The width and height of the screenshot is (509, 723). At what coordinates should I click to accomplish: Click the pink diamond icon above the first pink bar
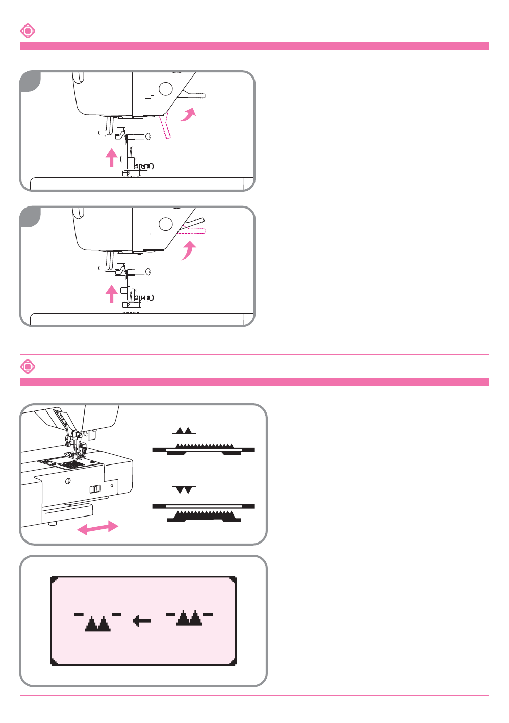pyautogui.click(x=28, y=31)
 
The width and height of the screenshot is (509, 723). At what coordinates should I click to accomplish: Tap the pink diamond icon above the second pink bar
pyautogui.click(x=28, y=367)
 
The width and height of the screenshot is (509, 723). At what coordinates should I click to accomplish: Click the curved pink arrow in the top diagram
pyautogui.click(x=187, y=115)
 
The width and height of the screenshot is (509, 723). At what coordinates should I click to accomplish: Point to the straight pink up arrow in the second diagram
pyautogui.click(x=111, y=293)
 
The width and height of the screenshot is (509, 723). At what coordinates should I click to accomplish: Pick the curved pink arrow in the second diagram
pyautogui.click(x=189, y=250)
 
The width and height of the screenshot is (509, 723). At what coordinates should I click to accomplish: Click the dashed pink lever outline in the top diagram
pyautogui.click(x=166, y=126)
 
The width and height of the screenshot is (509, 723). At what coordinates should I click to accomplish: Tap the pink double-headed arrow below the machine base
pyautogui.click(x=97, y=528)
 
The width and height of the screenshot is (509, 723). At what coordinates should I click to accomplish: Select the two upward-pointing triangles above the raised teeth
pyautogui.click(x=184, y=431)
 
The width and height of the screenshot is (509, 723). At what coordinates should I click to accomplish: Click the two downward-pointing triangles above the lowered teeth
pyautogui.click(x=184, y=490)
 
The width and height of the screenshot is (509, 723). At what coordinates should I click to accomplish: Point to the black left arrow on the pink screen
pyautogui.click(x=142, y=621)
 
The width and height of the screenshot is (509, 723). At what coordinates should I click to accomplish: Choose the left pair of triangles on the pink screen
pyautogui.click(x=97, y=623)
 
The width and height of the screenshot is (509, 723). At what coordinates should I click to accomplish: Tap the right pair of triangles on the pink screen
pyautogui.click(x=189, y=618)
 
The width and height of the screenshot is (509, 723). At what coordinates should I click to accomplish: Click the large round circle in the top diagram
pyautogui.click(x=166, y=89)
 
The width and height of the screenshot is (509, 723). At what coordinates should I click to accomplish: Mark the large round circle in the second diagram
pyautogui.click(x=166, y=224)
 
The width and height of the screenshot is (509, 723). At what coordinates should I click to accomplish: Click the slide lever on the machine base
pyautogui.click(x=95, y=489)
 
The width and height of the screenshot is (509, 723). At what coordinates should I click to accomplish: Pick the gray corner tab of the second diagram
pyautogui.click(x=30, y=217)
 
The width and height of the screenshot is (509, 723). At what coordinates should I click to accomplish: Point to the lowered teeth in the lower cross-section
pyautogui.click(x=204, y=513)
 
